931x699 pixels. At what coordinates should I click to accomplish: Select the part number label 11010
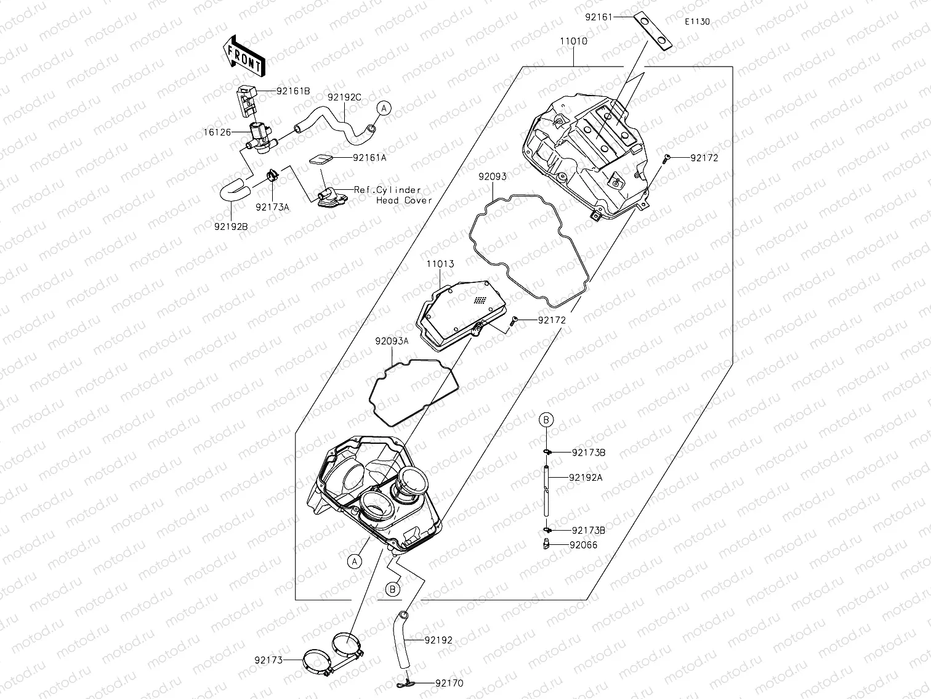click(x=573, y=41)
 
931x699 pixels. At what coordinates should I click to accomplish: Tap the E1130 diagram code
click(x=697, y=22)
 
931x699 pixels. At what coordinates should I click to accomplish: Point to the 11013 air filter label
click(x=440, y=264)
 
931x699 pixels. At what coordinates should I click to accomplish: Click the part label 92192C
click(x=344, y=97)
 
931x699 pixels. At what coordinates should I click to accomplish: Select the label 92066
click(x=583, y=545)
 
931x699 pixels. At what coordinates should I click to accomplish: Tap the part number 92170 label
click(x=449, y=683)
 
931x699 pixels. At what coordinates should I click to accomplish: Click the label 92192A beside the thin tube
click(x=586, y=477)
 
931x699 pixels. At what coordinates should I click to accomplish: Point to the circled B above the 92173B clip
click(x=546, y=420)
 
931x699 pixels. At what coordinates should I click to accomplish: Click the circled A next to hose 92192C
click(x=384, y=108)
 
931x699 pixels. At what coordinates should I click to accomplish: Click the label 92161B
click(x=293, y=91)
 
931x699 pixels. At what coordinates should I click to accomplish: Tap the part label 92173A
click(x=272, y=207)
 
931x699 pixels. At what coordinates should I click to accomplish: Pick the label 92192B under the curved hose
click(x=231, y=226)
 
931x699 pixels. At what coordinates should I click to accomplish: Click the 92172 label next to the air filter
click(x=552, y=321)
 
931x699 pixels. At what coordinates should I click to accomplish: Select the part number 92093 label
click(x=493, y=176)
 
